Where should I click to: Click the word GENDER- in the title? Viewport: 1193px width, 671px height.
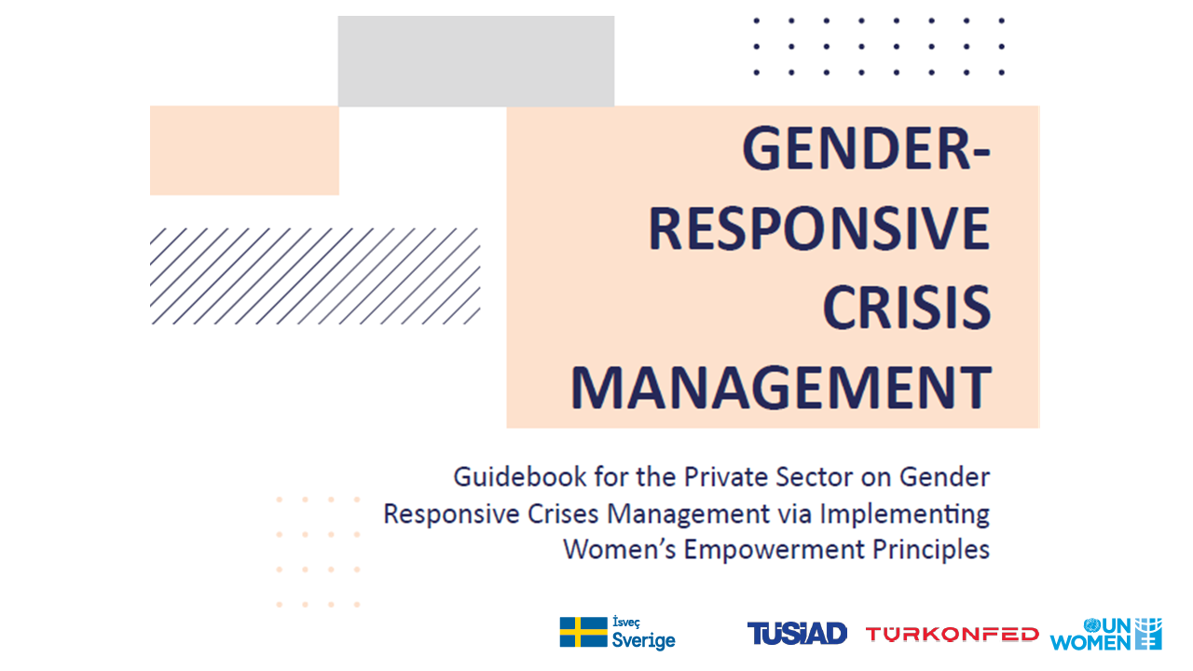(x=867, y=148)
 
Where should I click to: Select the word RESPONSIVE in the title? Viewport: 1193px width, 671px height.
(x=819, y=228)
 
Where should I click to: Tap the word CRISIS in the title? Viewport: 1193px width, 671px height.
(x=907, y=308)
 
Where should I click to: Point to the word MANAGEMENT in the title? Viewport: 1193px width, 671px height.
(x=781, y=388)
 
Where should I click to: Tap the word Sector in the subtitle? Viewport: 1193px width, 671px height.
(x=815, y=477)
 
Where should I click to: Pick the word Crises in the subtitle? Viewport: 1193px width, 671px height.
(x=563, y=514)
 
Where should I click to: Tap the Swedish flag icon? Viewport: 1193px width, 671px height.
(x=583, y=632)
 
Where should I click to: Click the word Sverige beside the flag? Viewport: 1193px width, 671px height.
(x=643, y=640)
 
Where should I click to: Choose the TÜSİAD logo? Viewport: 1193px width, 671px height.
(x=797, y=633)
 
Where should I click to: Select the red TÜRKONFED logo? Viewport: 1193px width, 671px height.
(x=953, y=635)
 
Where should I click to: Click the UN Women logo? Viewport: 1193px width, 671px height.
(x=1105, y=634)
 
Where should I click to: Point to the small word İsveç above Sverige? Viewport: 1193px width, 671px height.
(x=625, y=622)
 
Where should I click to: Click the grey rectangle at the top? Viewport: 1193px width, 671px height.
(x=475, y=61)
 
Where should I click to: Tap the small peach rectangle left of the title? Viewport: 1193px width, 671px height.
(x=244, y=150)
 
